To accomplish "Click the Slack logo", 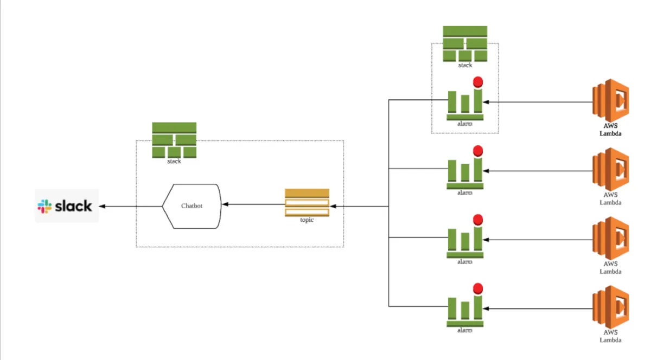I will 66,206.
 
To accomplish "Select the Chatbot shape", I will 192,206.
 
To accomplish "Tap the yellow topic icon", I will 307,202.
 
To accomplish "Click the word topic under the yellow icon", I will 307,220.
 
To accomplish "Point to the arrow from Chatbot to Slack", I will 130,206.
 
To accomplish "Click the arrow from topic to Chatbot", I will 252,204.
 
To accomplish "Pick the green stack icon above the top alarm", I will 465,43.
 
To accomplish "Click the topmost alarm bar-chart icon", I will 465,103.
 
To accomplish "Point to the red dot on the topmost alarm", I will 478,82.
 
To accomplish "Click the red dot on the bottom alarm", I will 478,288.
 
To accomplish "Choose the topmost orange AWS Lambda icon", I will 610,101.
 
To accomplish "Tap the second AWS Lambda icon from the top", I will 610,170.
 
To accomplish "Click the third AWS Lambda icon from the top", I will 610,239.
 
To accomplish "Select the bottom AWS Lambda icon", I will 610,307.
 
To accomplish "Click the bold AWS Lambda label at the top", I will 610,129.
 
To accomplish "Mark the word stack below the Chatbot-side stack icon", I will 174,161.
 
